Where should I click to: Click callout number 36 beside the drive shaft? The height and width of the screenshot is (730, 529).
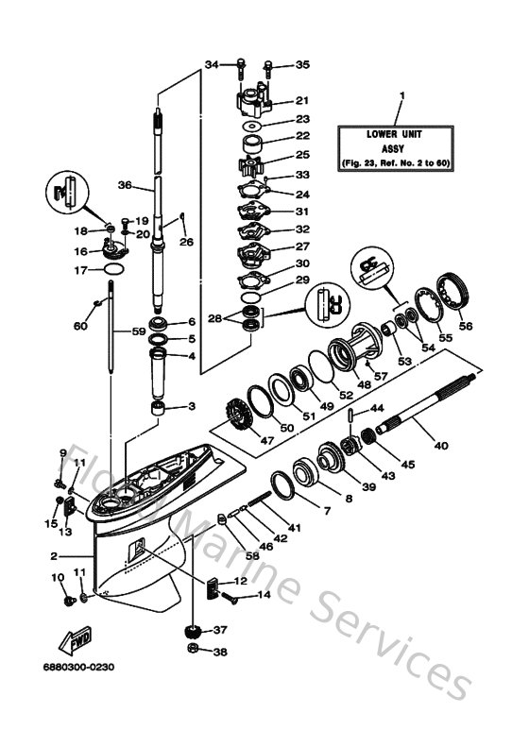(x=123, y=185)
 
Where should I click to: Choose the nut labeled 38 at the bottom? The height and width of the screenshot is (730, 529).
(x=193, y=652)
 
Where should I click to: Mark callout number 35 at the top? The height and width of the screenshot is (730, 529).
(x=302, y=64)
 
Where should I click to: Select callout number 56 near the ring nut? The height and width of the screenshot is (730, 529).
(x=464, y=327)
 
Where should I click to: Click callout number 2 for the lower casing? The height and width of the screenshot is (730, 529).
(x=55, y=556)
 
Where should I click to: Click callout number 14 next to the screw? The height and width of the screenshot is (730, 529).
(x=263, y=596)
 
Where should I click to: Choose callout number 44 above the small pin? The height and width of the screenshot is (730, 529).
(x=376, y=407)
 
